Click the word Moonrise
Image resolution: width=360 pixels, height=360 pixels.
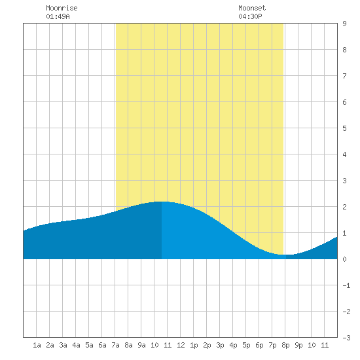(62, 8)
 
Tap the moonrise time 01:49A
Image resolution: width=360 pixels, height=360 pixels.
(58, 16)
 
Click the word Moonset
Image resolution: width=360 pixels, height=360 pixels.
(252, 8)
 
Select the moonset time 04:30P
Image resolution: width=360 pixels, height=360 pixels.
(250, 16)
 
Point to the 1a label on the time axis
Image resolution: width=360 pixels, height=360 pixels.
(37, 345)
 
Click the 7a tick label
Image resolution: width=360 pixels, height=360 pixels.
(115, 345)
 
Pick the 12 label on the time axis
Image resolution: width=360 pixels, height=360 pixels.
(181, 345)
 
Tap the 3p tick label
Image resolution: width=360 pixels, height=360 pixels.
(220, 345)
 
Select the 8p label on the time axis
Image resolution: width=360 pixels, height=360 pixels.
(285, 345)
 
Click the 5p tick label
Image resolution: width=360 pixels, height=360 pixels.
(246, 345)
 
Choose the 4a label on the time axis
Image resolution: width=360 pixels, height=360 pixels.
(76, 345)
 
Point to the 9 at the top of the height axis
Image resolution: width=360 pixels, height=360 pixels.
(344, 24)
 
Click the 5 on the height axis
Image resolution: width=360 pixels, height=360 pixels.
(344, 128)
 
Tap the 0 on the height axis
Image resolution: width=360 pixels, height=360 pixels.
(344, 259)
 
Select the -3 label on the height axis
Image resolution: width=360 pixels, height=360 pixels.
(346, 338)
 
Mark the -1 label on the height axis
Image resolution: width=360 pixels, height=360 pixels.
(346, 285)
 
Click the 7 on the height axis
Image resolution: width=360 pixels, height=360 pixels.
(344, 76)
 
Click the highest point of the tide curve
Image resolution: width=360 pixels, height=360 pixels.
(162, 202)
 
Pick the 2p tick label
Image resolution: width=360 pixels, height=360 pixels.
(207, 345)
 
